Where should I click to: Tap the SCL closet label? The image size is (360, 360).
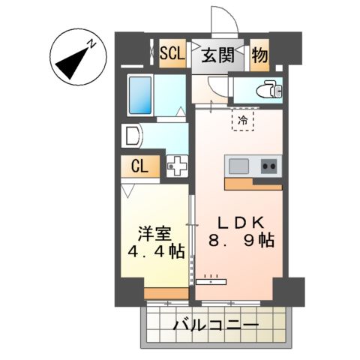pos(172,53)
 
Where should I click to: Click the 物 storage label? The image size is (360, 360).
pos(259,55)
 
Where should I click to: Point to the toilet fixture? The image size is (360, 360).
pos(267,91)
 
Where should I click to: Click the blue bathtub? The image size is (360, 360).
pos(140,94)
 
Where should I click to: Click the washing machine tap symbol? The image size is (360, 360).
pos(178,166)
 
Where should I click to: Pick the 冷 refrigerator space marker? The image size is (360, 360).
pos(242,118)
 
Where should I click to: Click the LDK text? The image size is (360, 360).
pos(239,223)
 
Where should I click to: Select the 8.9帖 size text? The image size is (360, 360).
pos(240,241)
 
